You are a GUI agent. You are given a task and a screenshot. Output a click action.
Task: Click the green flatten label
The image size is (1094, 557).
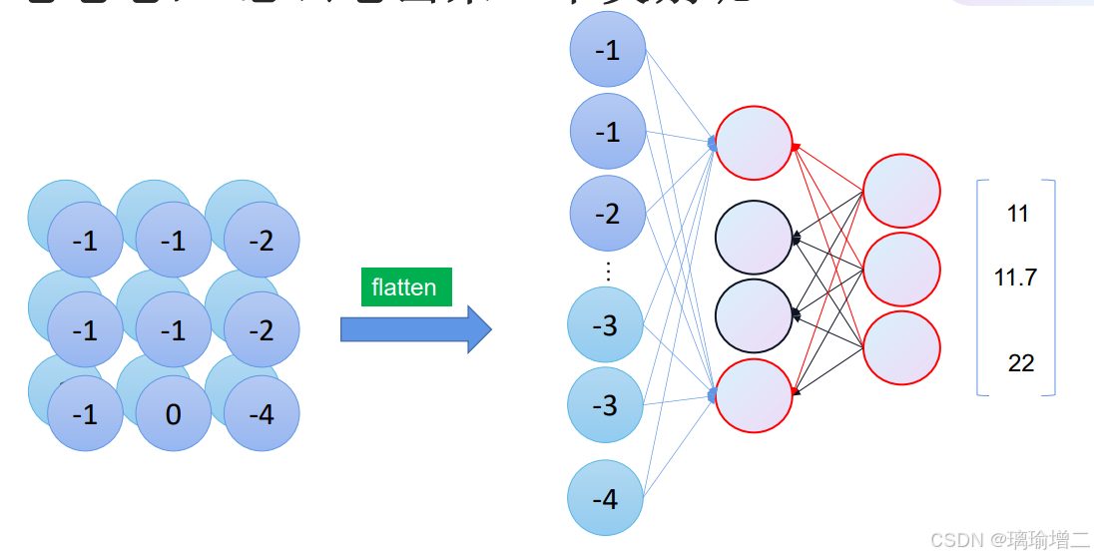[x=404, y=287]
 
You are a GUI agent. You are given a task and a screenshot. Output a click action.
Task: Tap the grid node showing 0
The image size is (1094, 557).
[x=174, y=413]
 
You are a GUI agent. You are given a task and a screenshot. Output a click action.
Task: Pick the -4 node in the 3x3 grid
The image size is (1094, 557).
[x=262, y=413]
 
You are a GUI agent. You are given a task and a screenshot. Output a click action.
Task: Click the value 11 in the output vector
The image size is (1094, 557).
[x=1017, y=213]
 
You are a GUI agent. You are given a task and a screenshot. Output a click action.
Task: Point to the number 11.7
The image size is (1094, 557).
[x=1015, y=278]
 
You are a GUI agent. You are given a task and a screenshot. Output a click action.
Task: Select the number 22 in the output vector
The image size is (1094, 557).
[x=1020, y=363]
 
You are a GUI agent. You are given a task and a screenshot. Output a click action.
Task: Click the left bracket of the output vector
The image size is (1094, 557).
[x=980, y=287]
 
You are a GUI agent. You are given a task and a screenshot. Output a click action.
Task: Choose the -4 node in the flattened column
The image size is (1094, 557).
[x=606, y=498]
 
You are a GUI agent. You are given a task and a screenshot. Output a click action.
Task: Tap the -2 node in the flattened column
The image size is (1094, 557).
[x=608, y=214]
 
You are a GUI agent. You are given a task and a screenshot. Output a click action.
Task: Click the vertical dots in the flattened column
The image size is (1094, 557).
[x=609, y=270]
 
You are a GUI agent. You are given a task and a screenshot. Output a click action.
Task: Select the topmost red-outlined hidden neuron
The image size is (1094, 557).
[x=754, y=143]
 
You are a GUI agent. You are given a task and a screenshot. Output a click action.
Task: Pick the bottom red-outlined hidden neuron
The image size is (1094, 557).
[x=754, y=394]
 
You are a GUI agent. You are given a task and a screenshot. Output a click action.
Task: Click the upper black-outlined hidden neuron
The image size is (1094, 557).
[x=754, y=237]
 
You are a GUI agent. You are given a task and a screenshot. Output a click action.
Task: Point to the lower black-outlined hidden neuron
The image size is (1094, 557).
[x=754, y=314]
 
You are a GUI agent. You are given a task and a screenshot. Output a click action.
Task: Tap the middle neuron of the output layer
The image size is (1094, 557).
[x=901, y=269]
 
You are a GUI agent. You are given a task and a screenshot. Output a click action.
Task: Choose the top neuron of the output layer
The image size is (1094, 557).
[x=901, y=191]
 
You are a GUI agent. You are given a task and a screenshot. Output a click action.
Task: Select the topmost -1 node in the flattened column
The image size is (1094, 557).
[x=608, y=50]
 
